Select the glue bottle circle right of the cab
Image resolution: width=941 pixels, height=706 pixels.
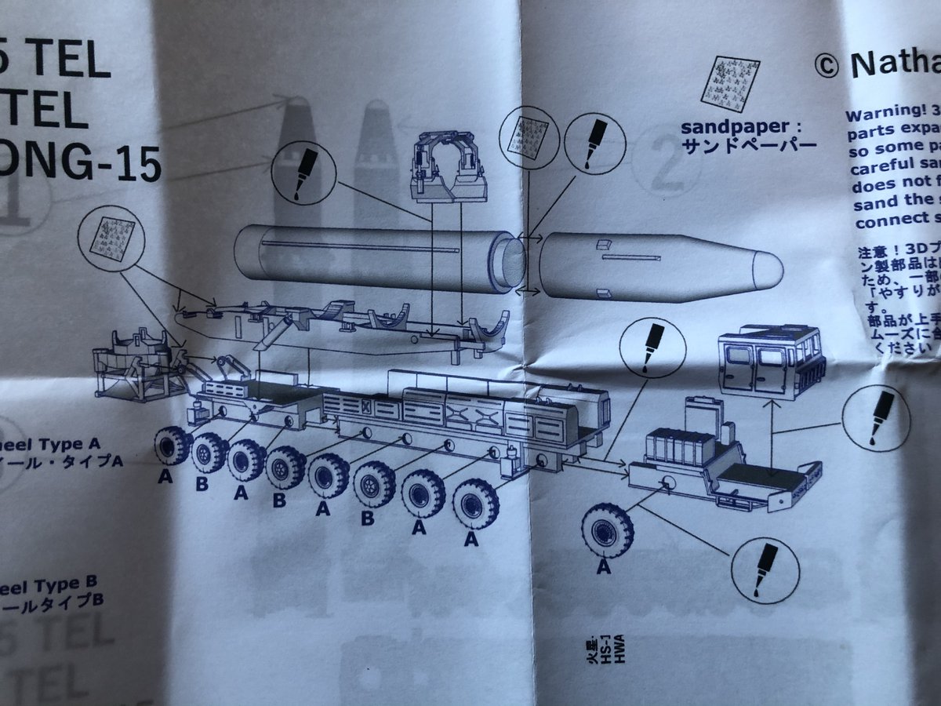pyautogui.click(x=877, y=419)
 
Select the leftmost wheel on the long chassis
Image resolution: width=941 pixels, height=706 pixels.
pyautogui.click(x=173, y=446)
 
